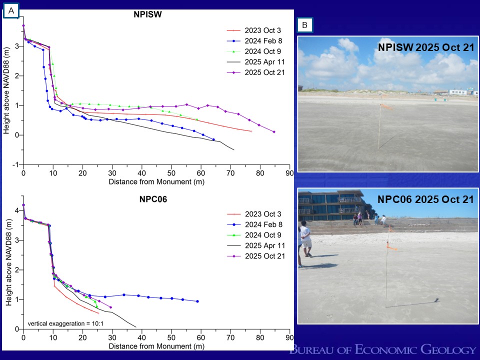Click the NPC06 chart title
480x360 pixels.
tap(153, 199)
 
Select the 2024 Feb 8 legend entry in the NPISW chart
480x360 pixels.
tap(259, 41)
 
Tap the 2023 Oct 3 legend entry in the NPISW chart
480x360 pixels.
tap(259, 30)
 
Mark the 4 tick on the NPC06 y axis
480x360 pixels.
tap(16, 210)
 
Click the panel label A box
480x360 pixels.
tap(11, 10)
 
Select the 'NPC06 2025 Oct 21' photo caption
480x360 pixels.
tap(425, 199)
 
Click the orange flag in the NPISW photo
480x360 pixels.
tap(385, 106)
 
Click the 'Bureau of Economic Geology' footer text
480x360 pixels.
tap(383, 349)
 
